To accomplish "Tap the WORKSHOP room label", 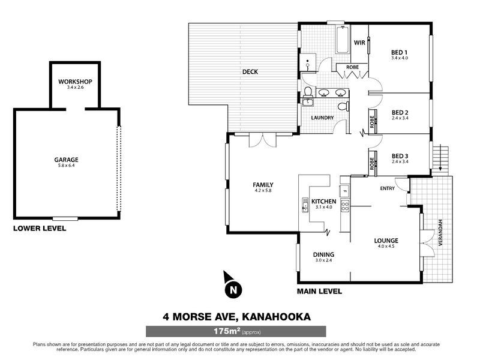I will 75,82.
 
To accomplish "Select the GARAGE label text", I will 66,160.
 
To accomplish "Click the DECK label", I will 250,72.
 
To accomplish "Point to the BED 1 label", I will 400,52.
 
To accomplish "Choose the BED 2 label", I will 400,112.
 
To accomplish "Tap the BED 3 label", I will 400,154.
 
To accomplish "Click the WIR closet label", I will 360,43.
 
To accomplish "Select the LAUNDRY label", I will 322,118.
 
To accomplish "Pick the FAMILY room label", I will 263,184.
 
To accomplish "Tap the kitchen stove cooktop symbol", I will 346,206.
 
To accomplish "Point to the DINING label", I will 323,255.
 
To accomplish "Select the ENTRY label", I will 387,189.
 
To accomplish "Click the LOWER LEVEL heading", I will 40,229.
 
